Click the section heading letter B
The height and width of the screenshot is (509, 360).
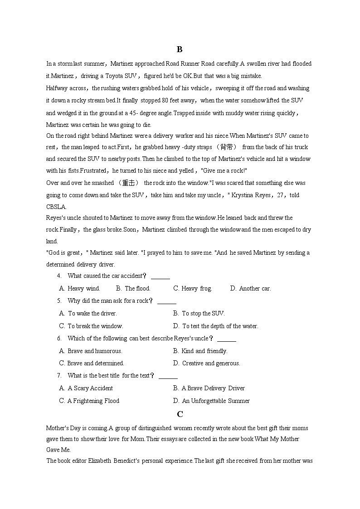pyautogui.click(x=180, y=49)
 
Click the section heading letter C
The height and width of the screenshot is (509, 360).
pyautogui.click(x=180, y=414)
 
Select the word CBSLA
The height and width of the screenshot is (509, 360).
pyautogui.click(x=56, y=207)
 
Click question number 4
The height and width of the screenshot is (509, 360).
pyautogui.click(x=59, y=276)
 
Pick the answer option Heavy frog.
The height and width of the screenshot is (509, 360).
pyautogui.click(x=193, y=288)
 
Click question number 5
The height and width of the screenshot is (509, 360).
pyautogui.click(x=59, y=301)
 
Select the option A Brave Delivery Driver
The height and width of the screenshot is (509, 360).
pyautogui.click(x=209, y=388)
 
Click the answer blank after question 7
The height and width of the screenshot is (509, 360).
pyautogui.click(x=168, y=376)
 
